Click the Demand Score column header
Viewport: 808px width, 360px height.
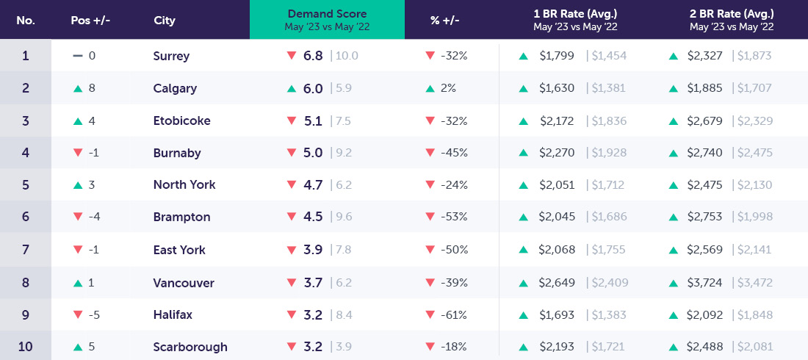click(327, 14)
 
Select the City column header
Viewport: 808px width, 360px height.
click(165, 21)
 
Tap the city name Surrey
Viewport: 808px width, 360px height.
click(171, 56)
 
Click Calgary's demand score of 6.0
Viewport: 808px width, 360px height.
click(314, 88)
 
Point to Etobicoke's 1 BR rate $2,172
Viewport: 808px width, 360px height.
click(557, 120)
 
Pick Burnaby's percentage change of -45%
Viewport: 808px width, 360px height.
click(454, 153)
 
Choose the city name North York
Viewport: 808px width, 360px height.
click(184, 185)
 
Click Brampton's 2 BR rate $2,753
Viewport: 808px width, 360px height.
click(706, 217)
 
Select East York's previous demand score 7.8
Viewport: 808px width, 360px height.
click(343, 250)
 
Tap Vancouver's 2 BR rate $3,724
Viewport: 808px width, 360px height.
click(706, 282)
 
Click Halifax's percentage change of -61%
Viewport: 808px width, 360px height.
click(454, 314)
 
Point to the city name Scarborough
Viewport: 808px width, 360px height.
click(190, 347)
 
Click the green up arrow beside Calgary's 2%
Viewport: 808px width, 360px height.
click(430, 88)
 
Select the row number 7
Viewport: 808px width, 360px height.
click(26, 250)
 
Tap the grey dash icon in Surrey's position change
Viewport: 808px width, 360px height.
click(77, 56)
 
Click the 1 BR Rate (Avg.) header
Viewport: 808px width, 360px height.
click(575, 14)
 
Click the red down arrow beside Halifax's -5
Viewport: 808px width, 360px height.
click(77, 314)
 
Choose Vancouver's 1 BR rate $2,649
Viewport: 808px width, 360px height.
click(557, 282)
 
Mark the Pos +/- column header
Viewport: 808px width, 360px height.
click(90, 21)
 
